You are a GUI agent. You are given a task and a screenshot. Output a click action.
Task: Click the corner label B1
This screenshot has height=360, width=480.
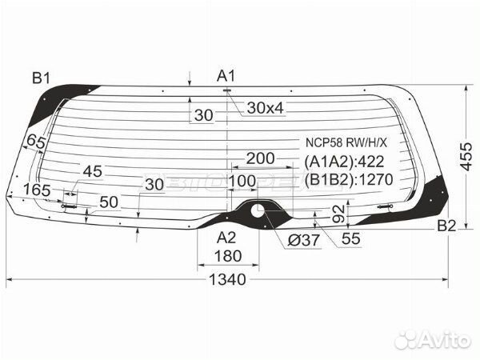click(41, 78)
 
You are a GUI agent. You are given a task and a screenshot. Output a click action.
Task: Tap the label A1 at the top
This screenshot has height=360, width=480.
click(226, 76)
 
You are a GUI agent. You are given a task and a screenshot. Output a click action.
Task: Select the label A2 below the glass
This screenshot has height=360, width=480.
click(226, 238)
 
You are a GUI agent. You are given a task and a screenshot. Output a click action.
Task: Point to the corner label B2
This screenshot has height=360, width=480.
click(446, 226)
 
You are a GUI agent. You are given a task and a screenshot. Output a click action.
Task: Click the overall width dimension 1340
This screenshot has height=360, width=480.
click(227, 279)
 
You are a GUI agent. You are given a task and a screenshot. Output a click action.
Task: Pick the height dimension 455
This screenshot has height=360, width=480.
click(466, 156)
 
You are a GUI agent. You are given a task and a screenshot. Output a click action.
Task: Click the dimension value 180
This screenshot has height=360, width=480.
click(228, 256)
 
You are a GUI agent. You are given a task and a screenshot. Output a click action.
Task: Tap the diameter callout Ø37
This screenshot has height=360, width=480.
click(304, 240)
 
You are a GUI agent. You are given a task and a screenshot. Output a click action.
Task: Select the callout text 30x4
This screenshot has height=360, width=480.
click(266, 108)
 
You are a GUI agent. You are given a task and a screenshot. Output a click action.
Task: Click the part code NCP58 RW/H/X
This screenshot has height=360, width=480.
click(346, 142)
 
